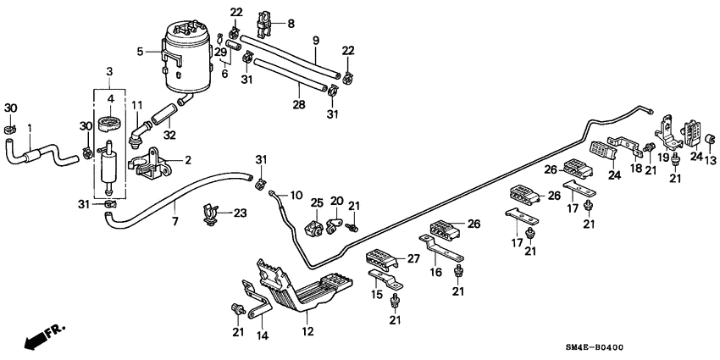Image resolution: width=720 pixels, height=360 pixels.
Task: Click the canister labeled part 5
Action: pos(188,58)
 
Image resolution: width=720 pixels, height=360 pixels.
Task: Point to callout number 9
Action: pos(315,41)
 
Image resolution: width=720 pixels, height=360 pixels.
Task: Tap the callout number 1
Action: pos(31,129)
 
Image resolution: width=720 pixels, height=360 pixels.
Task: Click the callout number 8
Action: pos(291,24)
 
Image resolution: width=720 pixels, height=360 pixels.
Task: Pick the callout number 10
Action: pos(296,195)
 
